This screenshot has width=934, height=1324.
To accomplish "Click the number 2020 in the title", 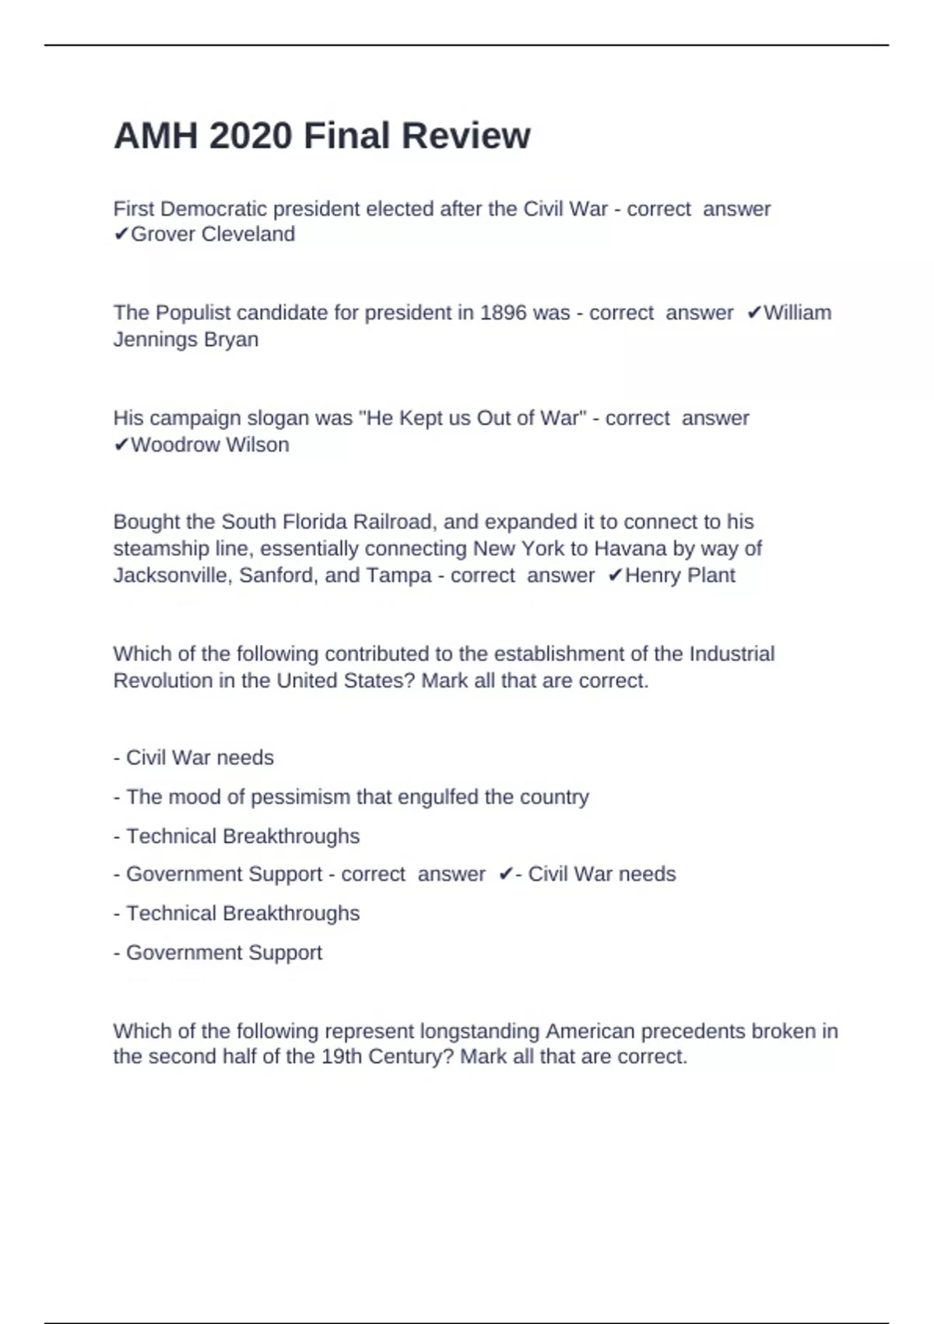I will tap(251, 136).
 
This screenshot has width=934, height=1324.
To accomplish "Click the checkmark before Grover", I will tap(121, 234).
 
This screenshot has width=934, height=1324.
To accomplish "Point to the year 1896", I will tap(503, 313).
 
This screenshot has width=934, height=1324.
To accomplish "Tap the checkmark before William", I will tap(753, 313).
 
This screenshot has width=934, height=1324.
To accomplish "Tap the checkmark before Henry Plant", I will tap(615, 576).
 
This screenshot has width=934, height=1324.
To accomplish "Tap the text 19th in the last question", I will tap(341, 1057).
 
